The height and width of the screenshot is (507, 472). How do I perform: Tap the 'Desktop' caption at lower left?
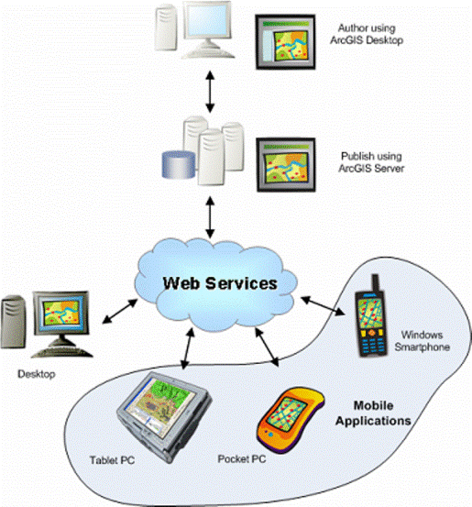[38, 375]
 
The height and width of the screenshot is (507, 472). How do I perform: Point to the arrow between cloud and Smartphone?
[323, 305]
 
